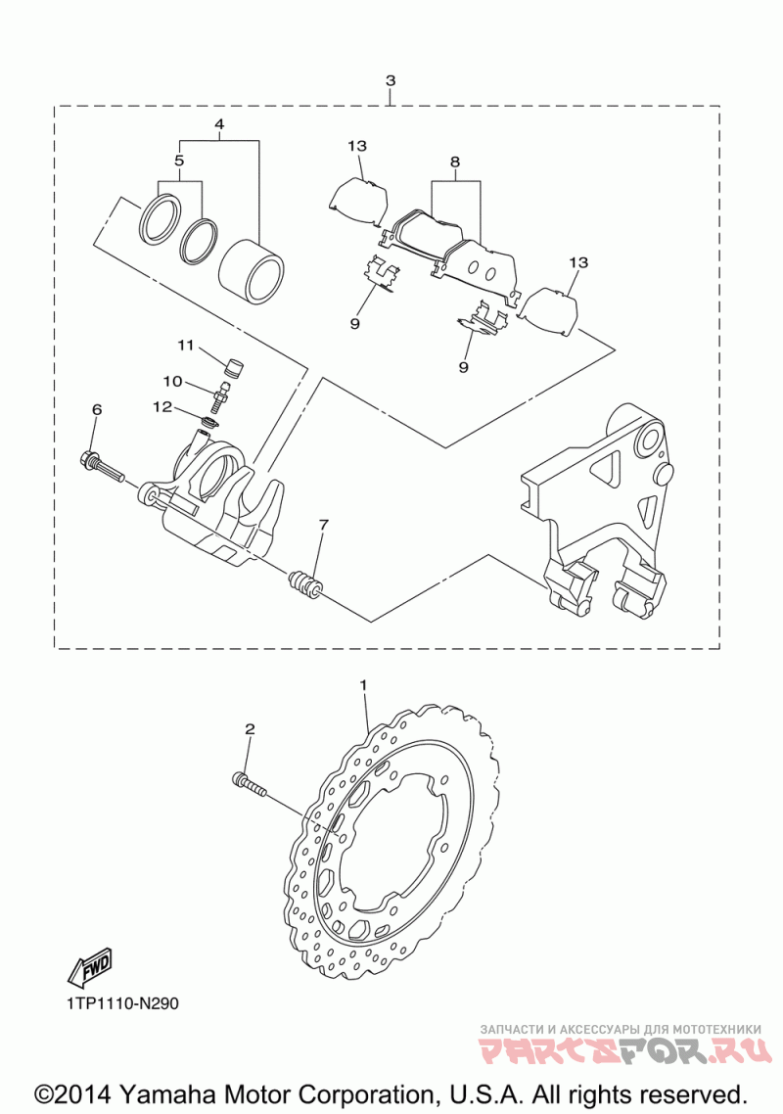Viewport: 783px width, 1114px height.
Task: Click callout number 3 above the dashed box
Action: [x=391, y=80]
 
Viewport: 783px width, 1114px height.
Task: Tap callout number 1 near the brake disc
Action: [x=363, y=685]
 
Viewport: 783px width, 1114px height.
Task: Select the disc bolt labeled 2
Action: [x=249, y=784]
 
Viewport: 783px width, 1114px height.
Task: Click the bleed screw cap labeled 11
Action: [x=233, y=369]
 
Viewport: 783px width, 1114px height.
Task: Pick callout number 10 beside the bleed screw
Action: [x=172, y=382]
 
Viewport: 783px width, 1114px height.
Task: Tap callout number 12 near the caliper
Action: [x=162, y=406]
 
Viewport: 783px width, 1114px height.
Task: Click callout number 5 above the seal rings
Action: [x=179, y=161]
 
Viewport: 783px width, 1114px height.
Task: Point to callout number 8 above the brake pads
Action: [x=455, y=162]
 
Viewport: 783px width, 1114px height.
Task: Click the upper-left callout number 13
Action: [x=357, y=146]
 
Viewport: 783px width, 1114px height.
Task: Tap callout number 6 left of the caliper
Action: [x=97, y=409]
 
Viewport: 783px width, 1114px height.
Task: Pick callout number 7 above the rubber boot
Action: [x=323, y=525]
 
